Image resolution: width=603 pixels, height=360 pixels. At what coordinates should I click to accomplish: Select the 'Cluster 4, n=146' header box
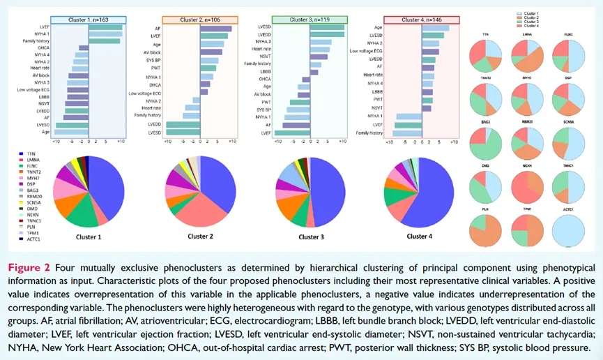422,20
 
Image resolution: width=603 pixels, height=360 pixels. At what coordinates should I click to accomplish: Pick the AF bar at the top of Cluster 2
215,29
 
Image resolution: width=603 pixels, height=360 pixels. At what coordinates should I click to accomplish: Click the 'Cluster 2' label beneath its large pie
201,237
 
